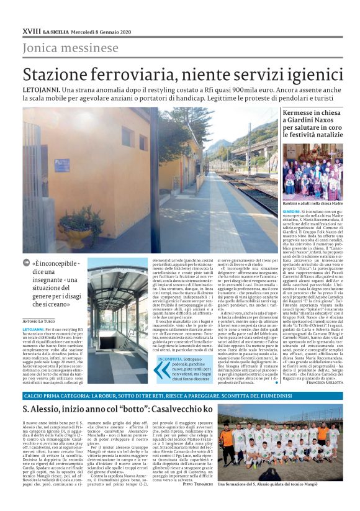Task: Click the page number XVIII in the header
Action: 30,30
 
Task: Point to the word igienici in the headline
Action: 307,75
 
